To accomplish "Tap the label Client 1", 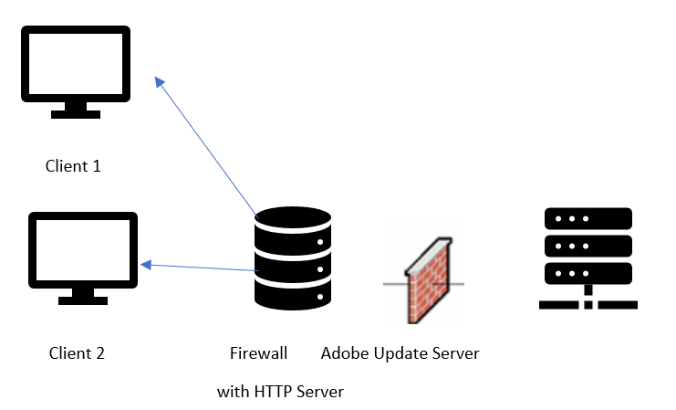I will click(x=73, y=166).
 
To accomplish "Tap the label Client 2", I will click(x=77, y=353).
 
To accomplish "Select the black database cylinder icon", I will click(x=293, y=259).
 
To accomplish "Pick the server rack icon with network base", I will click(x=588, y=258).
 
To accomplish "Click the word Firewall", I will click(x=259, y=353).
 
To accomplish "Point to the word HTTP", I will click(x=274, y=392).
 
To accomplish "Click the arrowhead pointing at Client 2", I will click(x=146, y=265).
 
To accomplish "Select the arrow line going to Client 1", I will click(x=209, y=150).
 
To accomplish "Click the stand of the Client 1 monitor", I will click(x=76, y=109).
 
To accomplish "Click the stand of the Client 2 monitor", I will click(x=83, y=295).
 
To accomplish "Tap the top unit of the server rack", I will click(x=588, y=219).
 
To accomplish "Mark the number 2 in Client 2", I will click(x=100, y=353).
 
